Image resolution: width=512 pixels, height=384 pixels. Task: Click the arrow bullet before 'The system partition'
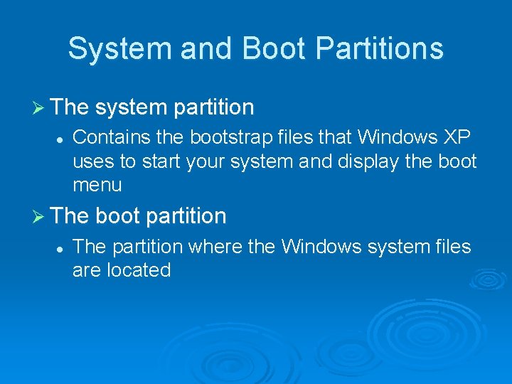pyautogui.click(x=40, y=108)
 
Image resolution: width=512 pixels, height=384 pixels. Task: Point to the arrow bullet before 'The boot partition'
pyautogui.click(x=40, y=216)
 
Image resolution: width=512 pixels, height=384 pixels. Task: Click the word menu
pyautogui.click(x=97, y=186)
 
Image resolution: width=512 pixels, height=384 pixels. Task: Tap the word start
pyautogui.click(x=162, y=162)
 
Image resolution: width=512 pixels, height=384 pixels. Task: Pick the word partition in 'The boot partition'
pyautogui.click(x=183, y=215)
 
